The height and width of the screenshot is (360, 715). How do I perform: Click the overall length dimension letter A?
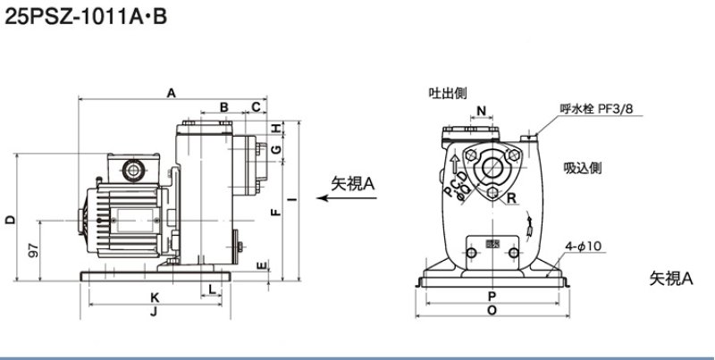171,92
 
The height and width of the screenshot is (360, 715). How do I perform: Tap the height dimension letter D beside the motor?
9,219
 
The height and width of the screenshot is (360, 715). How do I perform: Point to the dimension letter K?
155,297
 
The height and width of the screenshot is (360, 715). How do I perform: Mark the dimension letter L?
211,288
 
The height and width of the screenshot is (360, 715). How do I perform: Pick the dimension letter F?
275,212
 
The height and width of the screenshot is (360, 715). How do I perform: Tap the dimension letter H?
276,126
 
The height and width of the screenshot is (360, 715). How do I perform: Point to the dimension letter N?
482,111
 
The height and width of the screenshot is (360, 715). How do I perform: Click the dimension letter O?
492,311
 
